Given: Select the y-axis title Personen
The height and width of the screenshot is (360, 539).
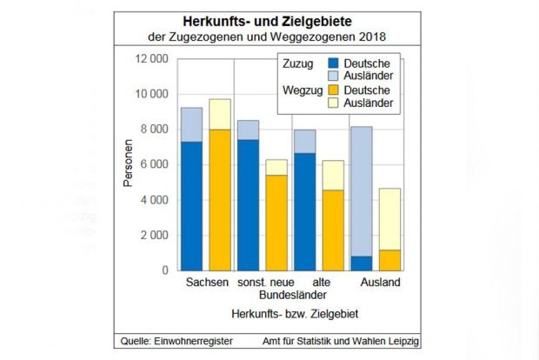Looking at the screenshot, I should pos(127,164).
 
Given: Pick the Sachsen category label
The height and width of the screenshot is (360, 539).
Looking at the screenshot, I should pos(207,283).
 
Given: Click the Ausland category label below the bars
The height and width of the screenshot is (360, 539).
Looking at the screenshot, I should pos(383,283).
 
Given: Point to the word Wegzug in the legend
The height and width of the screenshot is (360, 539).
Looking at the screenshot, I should pos(301,90).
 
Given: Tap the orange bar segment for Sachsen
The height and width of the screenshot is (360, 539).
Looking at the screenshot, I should pos(220,200).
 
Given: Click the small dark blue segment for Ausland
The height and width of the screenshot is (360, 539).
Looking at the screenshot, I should pos(362,263).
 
